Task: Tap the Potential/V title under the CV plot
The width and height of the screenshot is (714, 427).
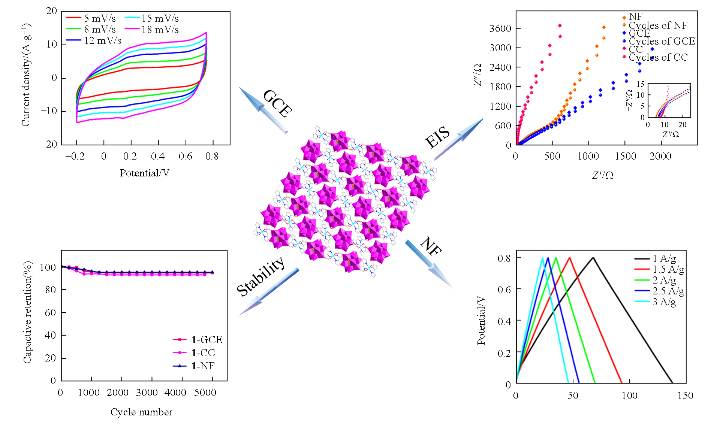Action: [144, 173]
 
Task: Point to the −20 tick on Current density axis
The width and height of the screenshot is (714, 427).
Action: [49, 144]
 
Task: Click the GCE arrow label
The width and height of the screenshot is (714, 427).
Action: [278, 104]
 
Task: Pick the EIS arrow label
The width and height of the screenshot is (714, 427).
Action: [437, 136]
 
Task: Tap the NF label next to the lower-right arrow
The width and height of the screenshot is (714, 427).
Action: [431, 246]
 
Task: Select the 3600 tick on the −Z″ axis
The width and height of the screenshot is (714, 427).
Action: [500, 28]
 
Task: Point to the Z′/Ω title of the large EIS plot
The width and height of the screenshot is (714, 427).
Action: [603, 175]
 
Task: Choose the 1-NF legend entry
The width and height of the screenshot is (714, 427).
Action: [203, 366]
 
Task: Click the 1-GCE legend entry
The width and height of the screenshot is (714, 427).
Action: [207, 340]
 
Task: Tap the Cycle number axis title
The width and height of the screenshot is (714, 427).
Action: [141, 412]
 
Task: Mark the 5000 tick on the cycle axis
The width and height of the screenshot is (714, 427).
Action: [205, 393]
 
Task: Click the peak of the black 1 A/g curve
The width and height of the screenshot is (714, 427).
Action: [593, 258]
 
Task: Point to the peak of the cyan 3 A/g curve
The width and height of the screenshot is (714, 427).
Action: [542, 258]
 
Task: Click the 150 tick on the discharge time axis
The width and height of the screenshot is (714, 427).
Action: [685, 396]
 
